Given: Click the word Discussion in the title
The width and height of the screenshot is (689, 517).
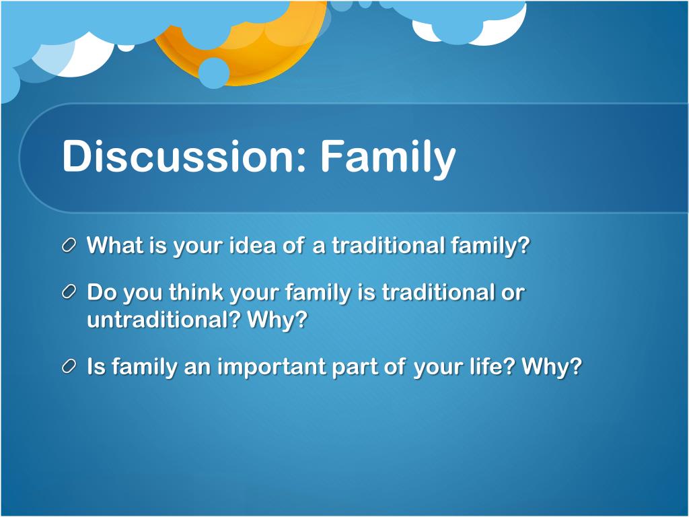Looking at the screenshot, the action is click(178, 156).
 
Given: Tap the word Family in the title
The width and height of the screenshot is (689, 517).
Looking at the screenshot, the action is click(388, 159).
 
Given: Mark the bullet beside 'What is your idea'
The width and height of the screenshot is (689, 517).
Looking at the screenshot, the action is click(69, 245).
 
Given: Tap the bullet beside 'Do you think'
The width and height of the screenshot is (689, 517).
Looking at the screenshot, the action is click(69, 292).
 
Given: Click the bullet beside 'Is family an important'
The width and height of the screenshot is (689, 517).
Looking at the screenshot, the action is click(69, 366).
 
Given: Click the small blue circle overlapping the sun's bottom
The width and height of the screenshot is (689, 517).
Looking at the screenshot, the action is click(213, 73).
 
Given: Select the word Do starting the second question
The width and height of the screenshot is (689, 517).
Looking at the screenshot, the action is click(102, 291).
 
